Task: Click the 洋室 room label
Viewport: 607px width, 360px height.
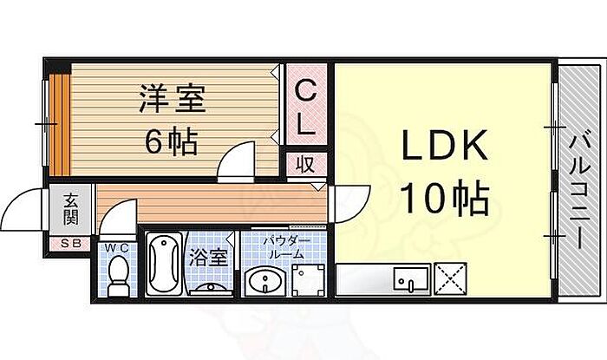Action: pyautogui.click(x=173, y=99)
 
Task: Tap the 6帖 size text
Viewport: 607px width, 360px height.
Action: pyautogui.click(x=172, y=141)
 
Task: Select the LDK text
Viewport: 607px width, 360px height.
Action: pyautogui.click(x=444, y=146)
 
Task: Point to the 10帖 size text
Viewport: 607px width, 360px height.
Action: pyautogui.click(x=444, y=198)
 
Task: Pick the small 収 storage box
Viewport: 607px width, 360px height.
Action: pyautogui.click(x=306, y=165)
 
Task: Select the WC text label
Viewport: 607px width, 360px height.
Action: pyautogui.click(x=117, y=248)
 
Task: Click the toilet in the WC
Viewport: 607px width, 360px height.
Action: pyautogui.click(x=118, y=277)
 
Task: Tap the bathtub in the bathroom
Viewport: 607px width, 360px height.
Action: pyautogui.click(x=165, y=265)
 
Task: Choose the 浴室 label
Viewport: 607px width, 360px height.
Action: pyautogui.click(x=208, y=258)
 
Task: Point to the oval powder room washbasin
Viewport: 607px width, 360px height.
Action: pyautogui.click(x=265, y=281)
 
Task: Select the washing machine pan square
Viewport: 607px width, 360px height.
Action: pyautogui.click(x=309, y=280)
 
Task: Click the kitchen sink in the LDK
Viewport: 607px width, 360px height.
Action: pyautogui.click(x=412, y=278)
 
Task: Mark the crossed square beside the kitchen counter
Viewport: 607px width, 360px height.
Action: pyautogui.click(x=451, y=278)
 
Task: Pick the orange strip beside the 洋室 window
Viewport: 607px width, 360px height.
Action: pyautogui.click(x=61, y=124)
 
